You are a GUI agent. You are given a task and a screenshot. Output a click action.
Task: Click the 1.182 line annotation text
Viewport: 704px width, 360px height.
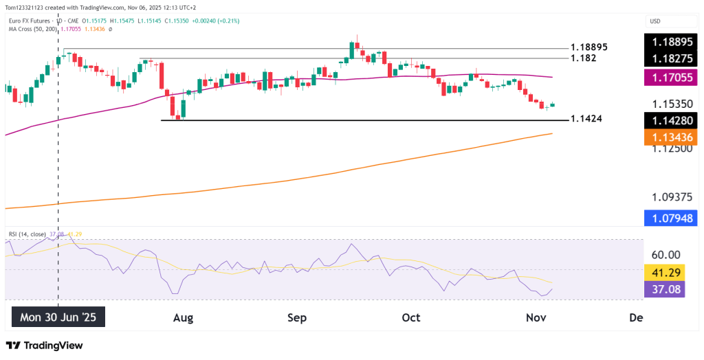tap(583, 58)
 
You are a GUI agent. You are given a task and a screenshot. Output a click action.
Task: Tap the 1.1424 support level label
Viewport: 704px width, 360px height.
tap(586, 119)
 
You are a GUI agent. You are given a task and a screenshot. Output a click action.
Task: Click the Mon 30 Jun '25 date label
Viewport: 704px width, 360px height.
tap(58, 317)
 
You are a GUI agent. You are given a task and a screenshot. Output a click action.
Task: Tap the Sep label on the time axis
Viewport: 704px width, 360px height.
tap(296, 317)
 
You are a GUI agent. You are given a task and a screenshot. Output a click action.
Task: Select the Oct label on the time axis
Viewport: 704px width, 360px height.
tap(410, 317)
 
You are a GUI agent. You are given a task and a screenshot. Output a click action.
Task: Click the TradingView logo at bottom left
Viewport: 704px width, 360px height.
tap(44, 345)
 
